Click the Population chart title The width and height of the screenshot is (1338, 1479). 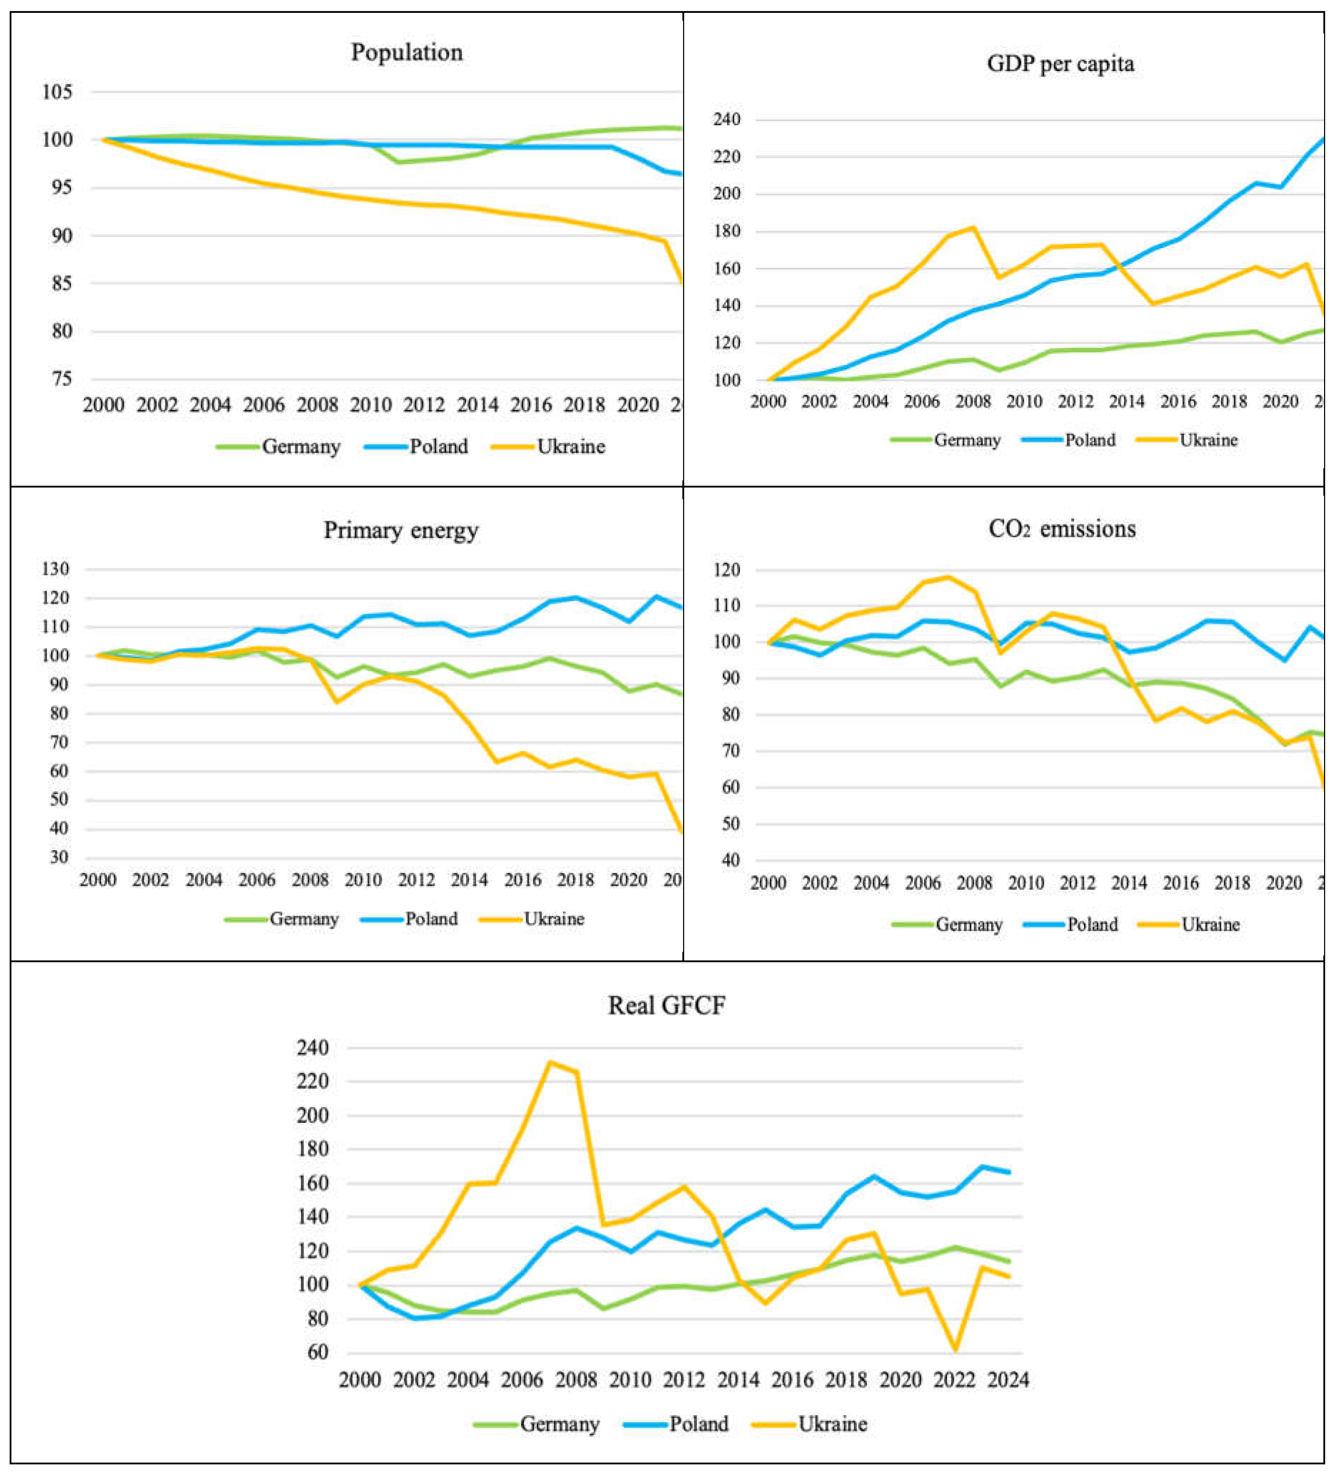(407, 52)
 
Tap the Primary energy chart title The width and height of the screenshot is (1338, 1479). (401, 530)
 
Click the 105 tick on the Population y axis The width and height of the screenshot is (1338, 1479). (57, 92)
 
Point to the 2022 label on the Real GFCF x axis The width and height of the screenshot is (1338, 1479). (954, 1380)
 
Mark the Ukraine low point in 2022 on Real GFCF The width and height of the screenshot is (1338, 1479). (955, 1349)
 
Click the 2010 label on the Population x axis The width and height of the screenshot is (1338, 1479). (370, 405)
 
